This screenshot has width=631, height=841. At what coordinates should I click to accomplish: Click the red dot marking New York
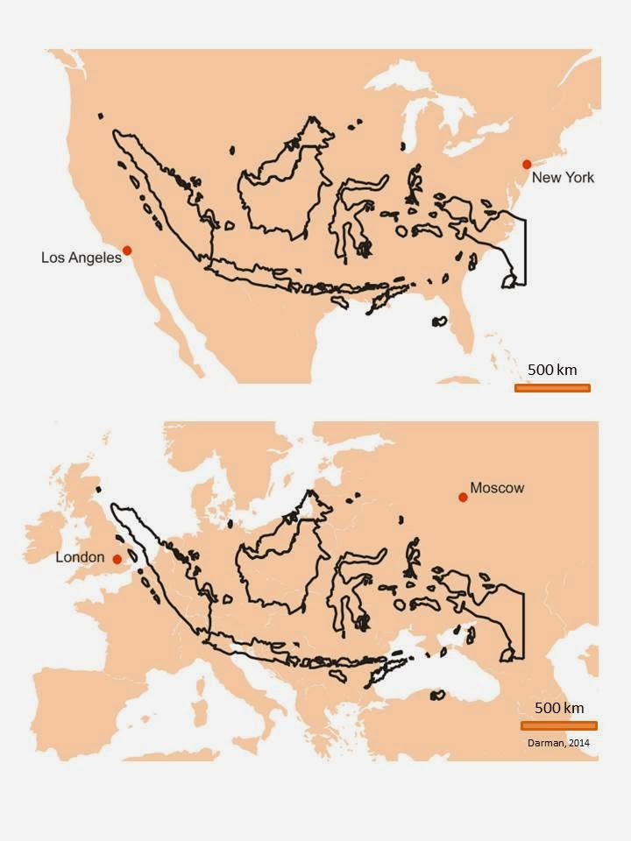coord(527,164)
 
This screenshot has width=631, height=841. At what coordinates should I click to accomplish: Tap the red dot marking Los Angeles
coord(127,251)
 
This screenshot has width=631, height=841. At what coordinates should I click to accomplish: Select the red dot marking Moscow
coord(463,498)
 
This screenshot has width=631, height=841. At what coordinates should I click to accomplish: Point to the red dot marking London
coord(117,559)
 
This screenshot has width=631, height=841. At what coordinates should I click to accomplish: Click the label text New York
coord(563,178)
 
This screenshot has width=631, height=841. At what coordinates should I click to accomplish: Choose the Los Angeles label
coord(82,258)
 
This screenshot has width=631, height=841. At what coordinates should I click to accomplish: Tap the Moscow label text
coord(497,487)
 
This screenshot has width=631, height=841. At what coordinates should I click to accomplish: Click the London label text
coord(80,557)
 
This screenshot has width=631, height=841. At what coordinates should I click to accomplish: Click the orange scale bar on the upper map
coord(552,387)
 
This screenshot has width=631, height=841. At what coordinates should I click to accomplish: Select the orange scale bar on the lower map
coord(558,725)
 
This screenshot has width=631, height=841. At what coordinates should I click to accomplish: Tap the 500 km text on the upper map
coord(552,370)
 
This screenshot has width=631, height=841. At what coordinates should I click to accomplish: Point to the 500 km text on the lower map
coord(559,708)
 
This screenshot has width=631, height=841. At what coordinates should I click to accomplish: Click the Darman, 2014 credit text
coord(558,743)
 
